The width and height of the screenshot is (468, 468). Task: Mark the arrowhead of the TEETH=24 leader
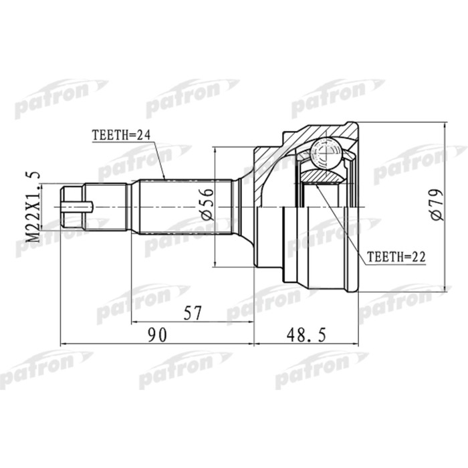[x=164, y=179]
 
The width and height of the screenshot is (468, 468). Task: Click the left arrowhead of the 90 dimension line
[x=63, y=344]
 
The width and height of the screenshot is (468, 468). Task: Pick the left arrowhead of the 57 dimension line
[x=134, y=322]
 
